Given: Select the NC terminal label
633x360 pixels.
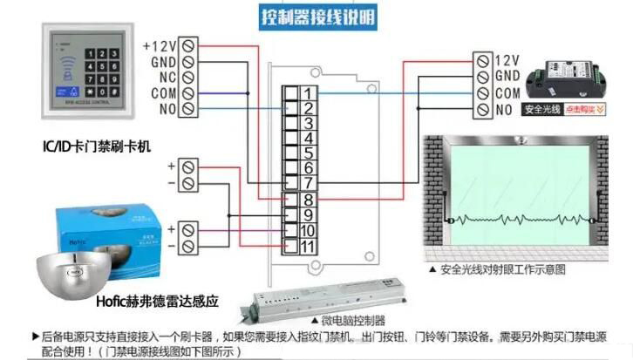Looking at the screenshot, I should tap(167, 77).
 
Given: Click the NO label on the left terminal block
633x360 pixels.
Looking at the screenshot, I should tap(167, 109).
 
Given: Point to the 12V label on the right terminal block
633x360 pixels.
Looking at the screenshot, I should tap(507, 60).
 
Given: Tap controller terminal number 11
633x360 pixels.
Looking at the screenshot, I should tap(307, 247).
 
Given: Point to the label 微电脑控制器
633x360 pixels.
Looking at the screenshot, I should tap(352, 320).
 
